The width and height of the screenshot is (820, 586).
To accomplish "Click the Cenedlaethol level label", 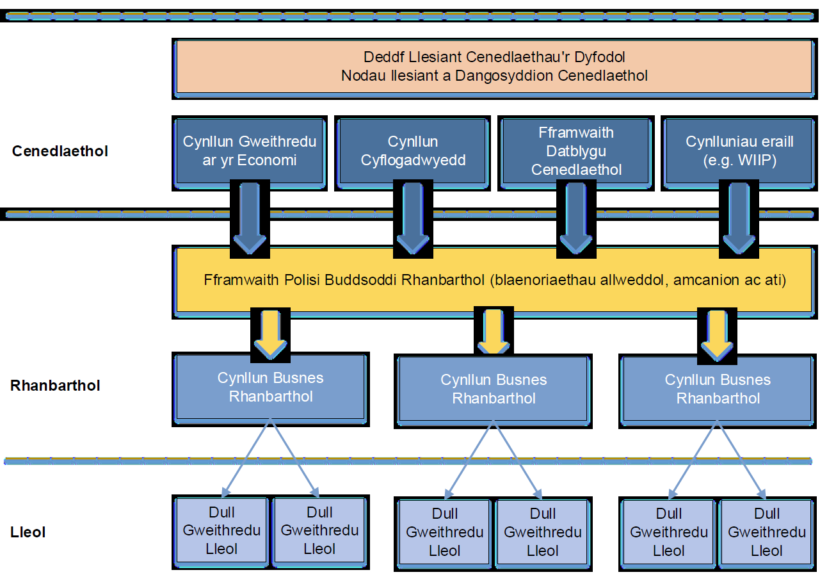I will [60, 152].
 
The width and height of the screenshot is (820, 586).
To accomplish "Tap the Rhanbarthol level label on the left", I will [55, 386].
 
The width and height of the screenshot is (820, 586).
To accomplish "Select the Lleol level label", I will [28, 532].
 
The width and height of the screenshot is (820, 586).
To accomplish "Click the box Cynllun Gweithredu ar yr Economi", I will [250, 151].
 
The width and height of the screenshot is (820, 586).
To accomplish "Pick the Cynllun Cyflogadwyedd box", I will [413, 151].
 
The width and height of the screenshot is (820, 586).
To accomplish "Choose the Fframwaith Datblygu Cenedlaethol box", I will [576, 151].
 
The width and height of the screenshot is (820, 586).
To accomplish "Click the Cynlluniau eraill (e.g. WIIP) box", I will [739, 151].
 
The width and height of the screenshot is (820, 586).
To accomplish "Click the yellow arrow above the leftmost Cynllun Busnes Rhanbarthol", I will [271, 334].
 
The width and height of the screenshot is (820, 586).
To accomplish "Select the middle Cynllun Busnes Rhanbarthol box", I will [494, 389].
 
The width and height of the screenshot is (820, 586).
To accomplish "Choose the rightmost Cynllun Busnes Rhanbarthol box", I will [718, 389].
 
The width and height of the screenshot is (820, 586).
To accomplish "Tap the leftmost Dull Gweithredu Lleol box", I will [221, 531].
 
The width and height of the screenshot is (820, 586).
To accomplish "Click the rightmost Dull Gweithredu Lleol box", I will [767, 532].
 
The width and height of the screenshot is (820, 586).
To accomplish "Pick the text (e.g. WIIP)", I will [739, 161].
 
